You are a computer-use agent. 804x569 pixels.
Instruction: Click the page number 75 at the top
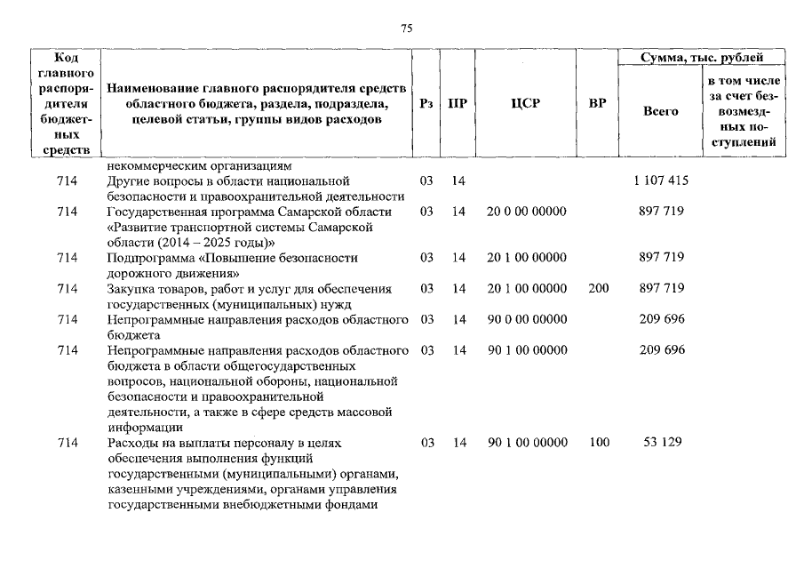406,28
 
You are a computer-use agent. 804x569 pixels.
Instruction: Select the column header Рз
426,103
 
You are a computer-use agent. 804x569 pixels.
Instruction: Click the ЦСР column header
527,103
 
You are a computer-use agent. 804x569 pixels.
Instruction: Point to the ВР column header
598,103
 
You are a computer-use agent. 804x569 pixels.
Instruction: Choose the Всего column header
660,111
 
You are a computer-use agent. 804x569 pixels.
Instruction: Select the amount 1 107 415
661,180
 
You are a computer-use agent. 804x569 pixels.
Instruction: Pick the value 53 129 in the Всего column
661,443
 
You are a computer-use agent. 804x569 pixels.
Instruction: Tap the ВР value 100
599,443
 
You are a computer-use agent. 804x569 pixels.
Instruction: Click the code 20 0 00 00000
527,212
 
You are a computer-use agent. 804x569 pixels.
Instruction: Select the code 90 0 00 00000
527,319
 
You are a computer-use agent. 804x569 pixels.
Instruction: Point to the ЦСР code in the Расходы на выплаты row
527,443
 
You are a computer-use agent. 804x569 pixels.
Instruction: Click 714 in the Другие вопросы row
68,180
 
